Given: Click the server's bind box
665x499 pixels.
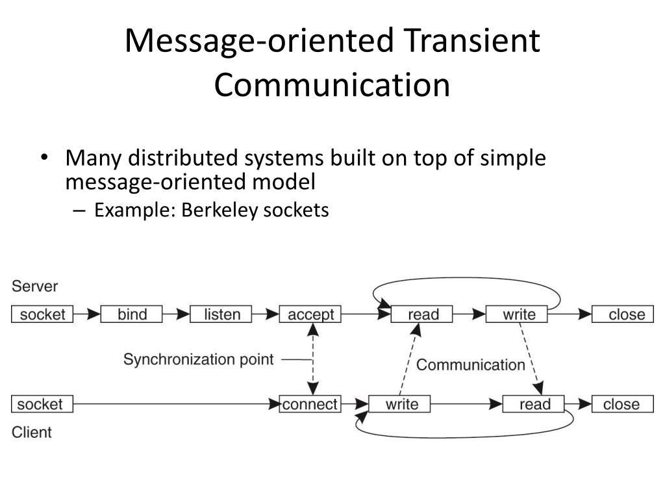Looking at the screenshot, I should coord(132,314).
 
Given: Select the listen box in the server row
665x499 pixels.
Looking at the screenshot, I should coord(221,314).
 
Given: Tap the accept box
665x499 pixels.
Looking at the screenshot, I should coord(310,314).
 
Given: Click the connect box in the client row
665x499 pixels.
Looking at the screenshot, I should coord(310,404).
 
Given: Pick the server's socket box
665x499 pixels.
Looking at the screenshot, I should coord(42,314).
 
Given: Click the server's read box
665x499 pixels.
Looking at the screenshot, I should coord(423,314).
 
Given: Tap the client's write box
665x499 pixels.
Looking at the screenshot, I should coord(401,404).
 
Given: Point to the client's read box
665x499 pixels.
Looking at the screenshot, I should coord(534,404).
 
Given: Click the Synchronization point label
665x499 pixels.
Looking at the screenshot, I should coord(199,359).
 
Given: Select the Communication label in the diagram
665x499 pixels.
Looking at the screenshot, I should coord(470,365).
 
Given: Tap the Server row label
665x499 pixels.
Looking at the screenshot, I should coord(34,286).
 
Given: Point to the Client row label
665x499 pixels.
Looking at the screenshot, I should coord(32,432).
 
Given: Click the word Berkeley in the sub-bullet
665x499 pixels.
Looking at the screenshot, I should coord(220,211).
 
